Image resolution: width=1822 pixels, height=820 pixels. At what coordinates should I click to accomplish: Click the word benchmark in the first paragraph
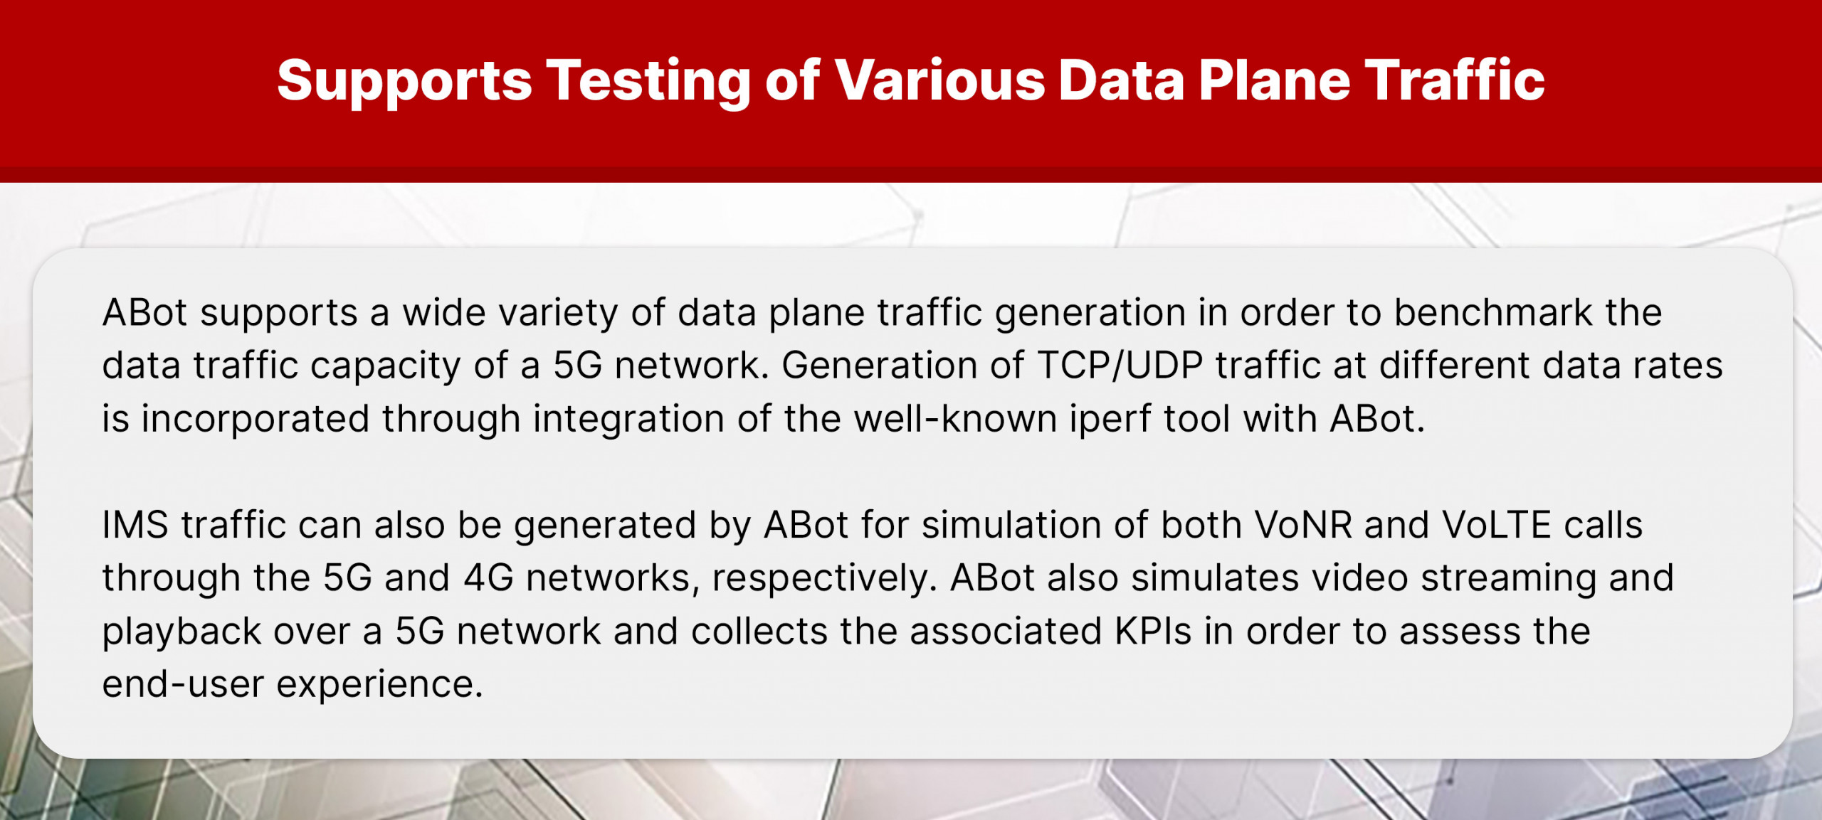coord(1492,312)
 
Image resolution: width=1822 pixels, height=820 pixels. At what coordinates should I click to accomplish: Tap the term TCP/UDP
coord(1120,366)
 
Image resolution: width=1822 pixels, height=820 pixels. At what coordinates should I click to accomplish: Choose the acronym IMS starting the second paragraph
coord(135,525)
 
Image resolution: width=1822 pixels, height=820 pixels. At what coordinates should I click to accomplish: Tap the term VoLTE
coord(1496,525)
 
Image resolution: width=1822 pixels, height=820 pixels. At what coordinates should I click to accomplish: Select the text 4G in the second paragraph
coord(488,577)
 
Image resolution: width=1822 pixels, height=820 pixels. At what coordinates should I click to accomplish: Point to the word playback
coord(181,632)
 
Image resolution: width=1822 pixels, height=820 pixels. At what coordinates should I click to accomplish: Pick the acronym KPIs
coord(1153,631)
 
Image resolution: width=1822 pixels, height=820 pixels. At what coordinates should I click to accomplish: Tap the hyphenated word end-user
coord(183,684)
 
